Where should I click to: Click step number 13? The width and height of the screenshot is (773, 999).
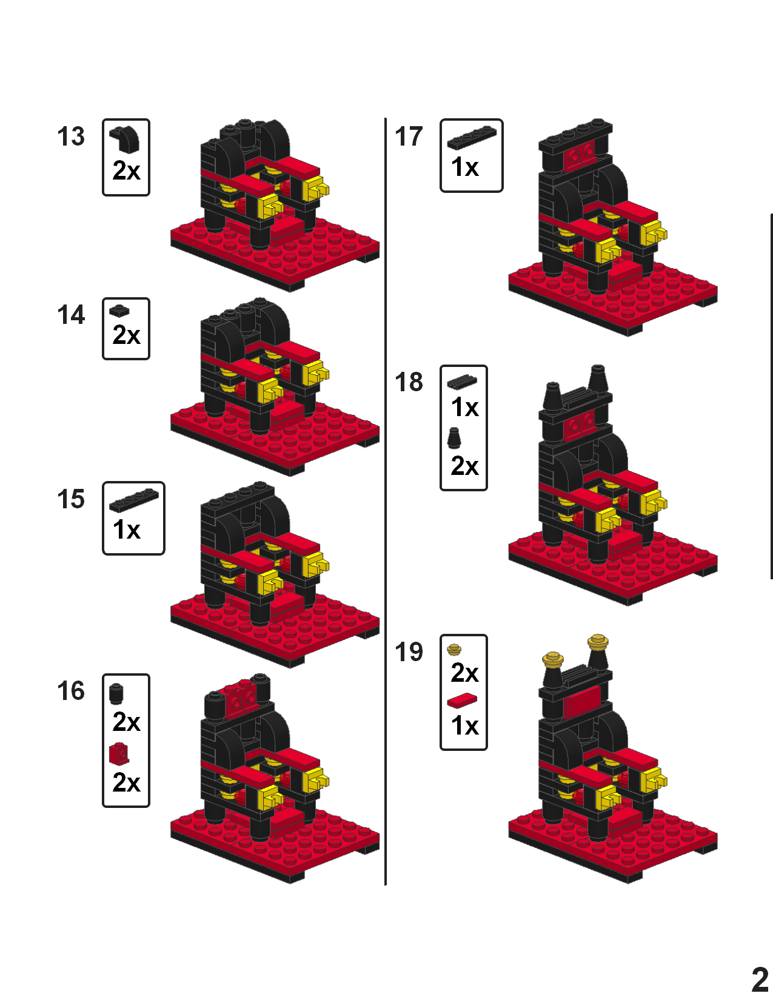tap(71, 136)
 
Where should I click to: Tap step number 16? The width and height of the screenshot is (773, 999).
tap(71, 691)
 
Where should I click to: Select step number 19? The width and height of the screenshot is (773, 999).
tap(409, 652)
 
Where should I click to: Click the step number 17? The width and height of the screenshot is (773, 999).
tap(409, 136)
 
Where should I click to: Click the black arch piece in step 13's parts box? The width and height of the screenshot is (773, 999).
tap(125, 138)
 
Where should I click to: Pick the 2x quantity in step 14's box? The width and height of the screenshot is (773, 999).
tap(126, 335)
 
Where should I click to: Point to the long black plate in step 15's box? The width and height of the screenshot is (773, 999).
tap(133, 500)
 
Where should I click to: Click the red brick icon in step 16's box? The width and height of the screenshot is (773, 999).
tap(119, 754)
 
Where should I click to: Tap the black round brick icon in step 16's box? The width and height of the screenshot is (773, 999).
tap(116, 693)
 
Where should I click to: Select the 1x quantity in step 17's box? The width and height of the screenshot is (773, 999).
tap(464, 167)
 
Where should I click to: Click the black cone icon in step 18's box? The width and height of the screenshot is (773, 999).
tap(453, 437)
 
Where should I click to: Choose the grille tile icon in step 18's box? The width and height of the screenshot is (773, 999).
tap(462, 382)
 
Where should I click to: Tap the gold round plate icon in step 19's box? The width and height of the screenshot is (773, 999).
tap(454, 650)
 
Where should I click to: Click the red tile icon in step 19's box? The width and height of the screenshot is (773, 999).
tap(462, 701)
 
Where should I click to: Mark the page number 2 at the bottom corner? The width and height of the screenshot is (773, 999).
tap(760, 979)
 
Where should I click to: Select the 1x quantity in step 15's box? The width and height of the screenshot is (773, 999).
tap(126, 530)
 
